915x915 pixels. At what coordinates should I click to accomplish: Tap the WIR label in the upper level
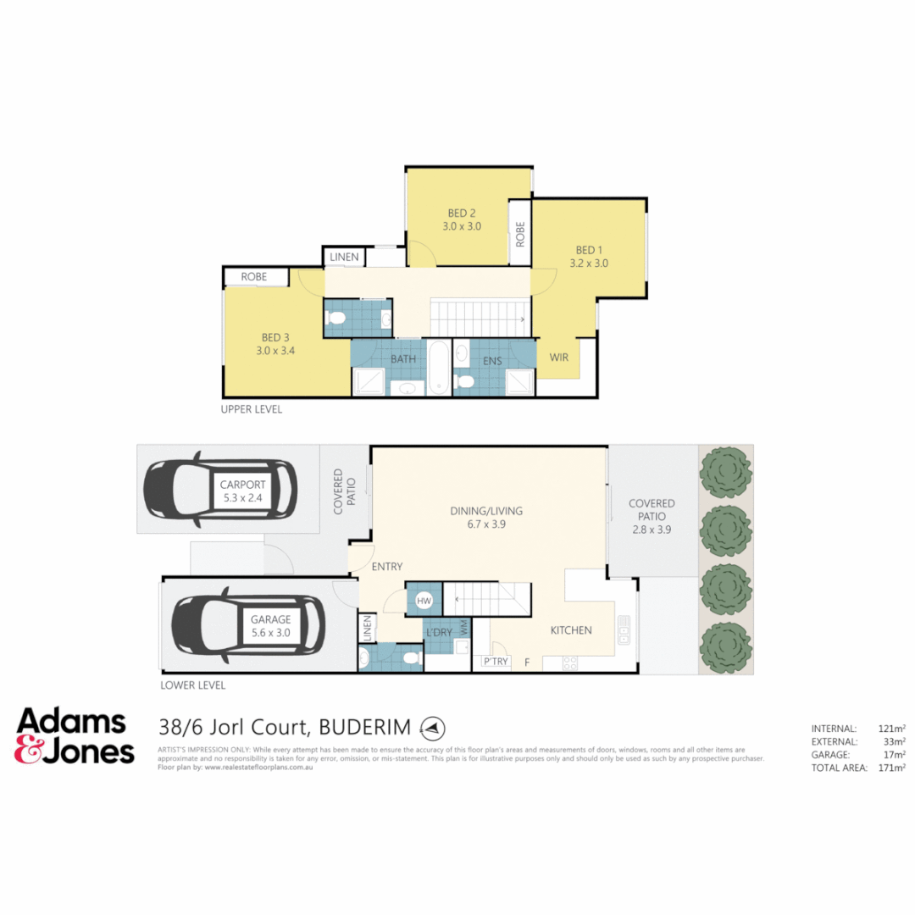point(559,358)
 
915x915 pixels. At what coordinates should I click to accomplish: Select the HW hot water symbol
point(424,601)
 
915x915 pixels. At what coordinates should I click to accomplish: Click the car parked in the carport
point(219,489)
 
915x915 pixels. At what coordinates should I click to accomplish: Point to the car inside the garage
point(247,626)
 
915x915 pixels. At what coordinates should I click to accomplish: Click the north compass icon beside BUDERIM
point(433,727)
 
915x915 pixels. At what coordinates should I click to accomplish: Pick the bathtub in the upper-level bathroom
point(437,367)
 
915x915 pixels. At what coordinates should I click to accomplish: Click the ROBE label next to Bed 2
point(519,234)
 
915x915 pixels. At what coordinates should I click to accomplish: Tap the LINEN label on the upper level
point(344,257)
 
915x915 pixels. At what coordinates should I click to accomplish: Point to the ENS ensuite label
point(492,360)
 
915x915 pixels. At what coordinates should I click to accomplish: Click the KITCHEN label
point(571,630)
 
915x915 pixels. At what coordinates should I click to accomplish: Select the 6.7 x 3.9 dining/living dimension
point(485,524)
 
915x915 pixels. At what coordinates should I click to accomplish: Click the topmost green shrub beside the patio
point(725,472)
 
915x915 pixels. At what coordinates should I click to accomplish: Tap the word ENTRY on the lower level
point(386,566)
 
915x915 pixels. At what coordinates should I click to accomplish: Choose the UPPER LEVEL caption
point(251,409)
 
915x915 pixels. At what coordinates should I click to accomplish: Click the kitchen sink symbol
point(624,627)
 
